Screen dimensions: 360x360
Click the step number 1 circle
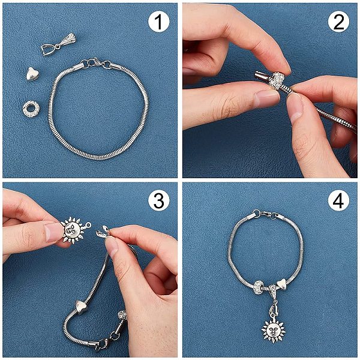pyautogui.click(x=158, y=22)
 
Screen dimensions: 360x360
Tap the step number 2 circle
pyautogui.click(x=338, y=22)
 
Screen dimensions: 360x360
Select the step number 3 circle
pyautogui.click(x=158, y=200)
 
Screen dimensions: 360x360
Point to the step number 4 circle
pyautogui.click(x=338, y=200)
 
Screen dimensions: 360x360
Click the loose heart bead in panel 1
pyautogui.click(x=32, y=74)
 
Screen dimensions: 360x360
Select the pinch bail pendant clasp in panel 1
pyautogui.click(x=58, y=44)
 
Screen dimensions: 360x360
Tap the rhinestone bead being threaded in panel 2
pyautogui.click(x=276, y=80)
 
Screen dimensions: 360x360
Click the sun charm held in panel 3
pyautogui.click(x=73, y=230)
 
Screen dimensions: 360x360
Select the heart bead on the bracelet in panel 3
pyautogui.click(x=81, y=307)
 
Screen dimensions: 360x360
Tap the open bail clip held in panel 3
pyautogui.click(x=103, y=232)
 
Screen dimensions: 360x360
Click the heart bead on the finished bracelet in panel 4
pyautogui.click(x=282, y=284)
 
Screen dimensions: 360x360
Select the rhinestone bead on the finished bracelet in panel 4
pyautogui.click(x=260, y=287)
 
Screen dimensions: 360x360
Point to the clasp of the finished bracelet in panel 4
pyautogui.click(x=266, y=215)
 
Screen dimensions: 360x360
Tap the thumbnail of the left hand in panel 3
pyautogui.click(x=53, y=232)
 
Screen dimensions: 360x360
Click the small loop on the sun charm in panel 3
pyautogui.click(x=88, y=225)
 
